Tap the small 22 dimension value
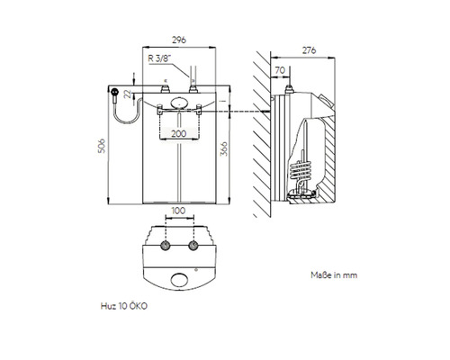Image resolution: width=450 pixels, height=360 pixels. [x=127, y=94]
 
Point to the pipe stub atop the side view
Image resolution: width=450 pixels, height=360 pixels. [x=292, y=86]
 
